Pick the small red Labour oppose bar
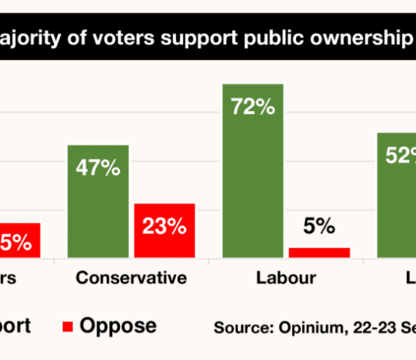(x=319, y=252)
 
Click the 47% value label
(x=98, y=168)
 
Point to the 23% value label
(x=164, y=226)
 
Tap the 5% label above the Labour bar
(x=319, y=227)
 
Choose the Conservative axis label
(x=131, y=278)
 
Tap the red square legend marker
(x=66, y=326)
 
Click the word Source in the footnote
(x=239, y=327)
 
